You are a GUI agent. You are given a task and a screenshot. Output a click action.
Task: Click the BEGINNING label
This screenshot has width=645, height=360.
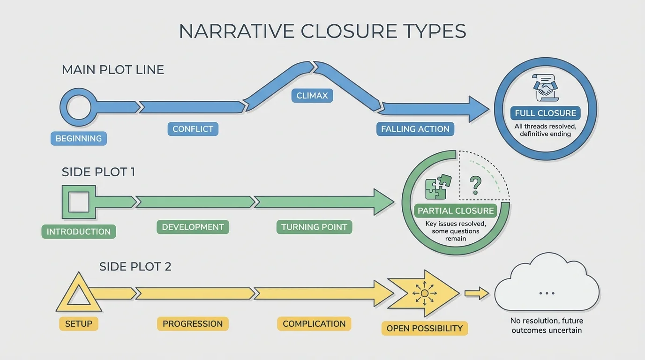(79, 138)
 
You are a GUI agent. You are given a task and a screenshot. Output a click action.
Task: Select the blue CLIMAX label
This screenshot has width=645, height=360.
(312, 96)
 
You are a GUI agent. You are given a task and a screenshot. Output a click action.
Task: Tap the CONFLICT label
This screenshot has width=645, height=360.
(193, 129)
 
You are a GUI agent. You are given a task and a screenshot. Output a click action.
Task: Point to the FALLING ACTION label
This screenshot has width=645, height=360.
(415, 129)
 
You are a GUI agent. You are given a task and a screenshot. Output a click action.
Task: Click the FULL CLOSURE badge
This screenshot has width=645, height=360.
(545, 113)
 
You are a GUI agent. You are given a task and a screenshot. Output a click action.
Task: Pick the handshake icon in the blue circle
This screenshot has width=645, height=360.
(545, 88)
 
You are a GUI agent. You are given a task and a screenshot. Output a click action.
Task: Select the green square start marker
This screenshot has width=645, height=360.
(78, 202)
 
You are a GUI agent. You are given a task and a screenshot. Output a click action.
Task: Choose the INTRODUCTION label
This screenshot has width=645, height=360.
(79, 232)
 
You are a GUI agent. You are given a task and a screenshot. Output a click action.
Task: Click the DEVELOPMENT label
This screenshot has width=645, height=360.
(193, 227)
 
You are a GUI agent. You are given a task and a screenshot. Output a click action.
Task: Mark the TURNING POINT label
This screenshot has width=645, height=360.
(314, 227)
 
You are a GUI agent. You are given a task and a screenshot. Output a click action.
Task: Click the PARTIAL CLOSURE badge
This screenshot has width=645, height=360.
(456, 210)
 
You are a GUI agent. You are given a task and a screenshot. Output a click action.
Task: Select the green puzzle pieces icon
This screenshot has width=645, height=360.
(438, 187)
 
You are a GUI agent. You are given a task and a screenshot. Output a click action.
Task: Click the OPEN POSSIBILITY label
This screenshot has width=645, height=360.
(424, 328)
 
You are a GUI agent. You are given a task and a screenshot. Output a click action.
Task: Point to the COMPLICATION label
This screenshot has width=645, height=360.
(314, 323)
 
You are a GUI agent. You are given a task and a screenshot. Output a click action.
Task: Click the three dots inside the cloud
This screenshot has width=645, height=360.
(547, 293)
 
